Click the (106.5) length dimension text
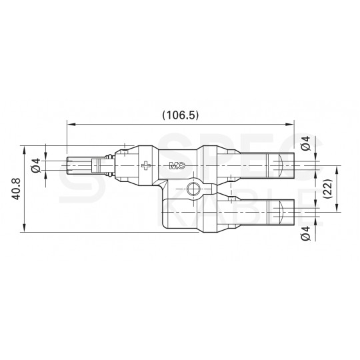180,115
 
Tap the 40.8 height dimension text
14,189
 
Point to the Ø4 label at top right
305,143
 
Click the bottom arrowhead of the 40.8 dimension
25,230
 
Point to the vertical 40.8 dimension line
25,200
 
